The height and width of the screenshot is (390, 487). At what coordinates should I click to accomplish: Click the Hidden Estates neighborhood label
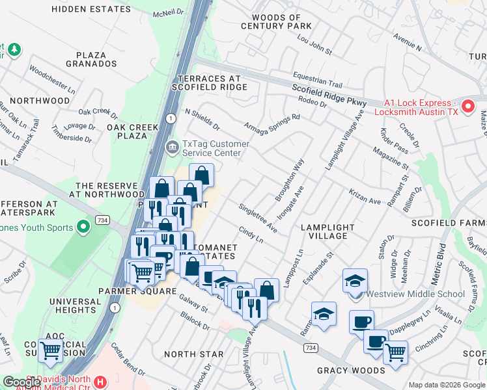[91, 9]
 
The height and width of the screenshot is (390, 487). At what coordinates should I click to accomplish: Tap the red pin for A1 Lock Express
[467, 106]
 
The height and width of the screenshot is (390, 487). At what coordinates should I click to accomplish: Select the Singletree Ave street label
[258, 217]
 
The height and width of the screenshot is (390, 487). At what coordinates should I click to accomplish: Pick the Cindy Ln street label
[251, 235]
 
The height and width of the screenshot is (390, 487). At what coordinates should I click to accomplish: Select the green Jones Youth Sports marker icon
[83, 227]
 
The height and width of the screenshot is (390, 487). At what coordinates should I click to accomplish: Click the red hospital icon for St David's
[100, 382]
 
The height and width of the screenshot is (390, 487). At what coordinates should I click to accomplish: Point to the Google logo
[21, 382]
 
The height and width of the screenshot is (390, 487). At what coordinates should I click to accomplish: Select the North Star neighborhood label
[193, 354]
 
